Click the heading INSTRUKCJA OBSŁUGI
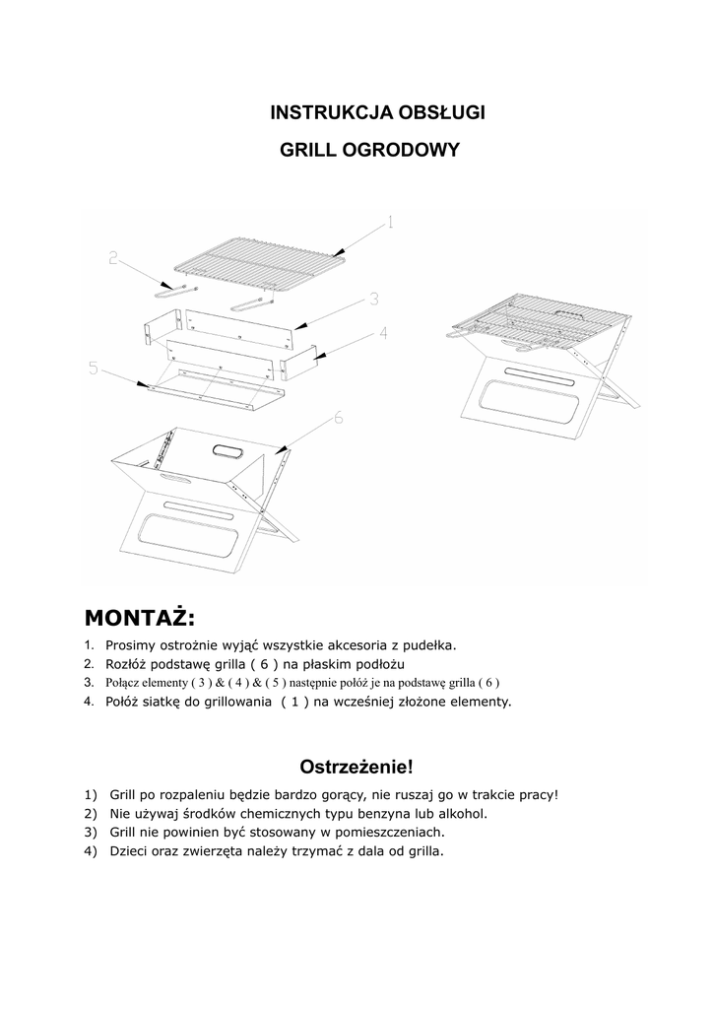click(377, 112)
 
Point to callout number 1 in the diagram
click(390, 223)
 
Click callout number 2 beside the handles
click(114, 259)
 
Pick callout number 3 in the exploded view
click(375, 298)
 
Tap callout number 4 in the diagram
click(382, 333)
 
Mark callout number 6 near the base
click(338, 419)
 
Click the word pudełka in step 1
click(425, 645)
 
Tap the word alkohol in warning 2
click(461, 814)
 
